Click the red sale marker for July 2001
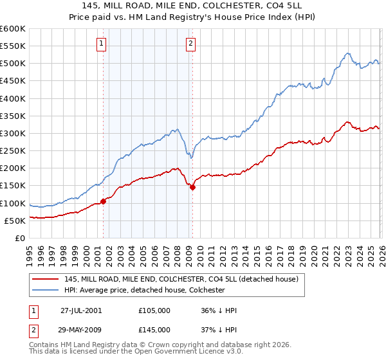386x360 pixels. click(x=104, y=201)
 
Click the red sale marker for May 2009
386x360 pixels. click(x=192, y=187)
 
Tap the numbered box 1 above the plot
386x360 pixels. click(x=102, y=44)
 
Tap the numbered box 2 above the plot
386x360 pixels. click(x=191, y=44)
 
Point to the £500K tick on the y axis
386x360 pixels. click(x=13, y=64)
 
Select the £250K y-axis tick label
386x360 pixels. click(x=13, y=151)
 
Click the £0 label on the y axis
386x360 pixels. click(x=19, y=238)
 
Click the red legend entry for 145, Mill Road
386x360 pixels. click(x=181, y=280)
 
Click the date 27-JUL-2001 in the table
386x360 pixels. click(x=81, y=310)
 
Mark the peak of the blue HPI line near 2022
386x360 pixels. click(x=347, y=53)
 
